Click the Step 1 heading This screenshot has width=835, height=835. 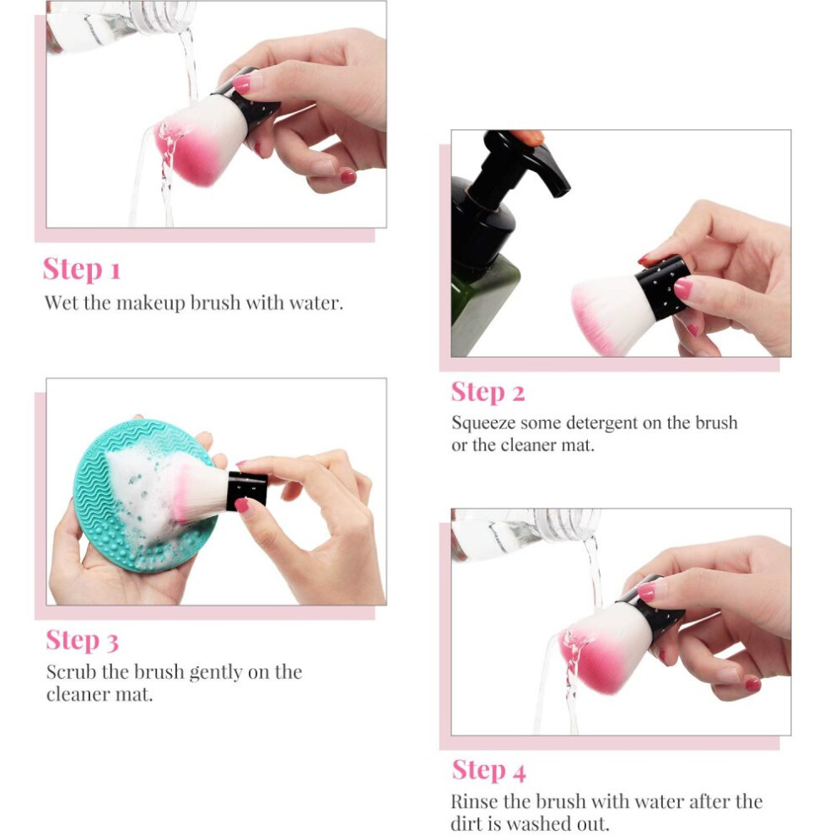click(82, 269)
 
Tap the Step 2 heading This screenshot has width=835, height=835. click(488, 393)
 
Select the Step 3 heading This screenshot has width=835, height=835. click(82, 641)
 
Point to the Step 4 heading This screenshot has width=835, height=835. click(489, 771)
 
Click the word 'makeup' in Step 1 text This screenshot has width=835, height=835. click(151, 304)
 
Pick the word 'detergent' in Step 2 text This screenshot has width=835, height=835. click(604, 423)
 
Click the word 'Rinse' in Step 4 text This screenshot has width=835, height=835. click(475, 801)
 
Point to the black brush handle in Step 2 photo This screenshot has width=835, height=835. click(664, 288)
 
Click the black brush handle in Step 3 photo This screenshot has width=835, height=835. click(246, 490)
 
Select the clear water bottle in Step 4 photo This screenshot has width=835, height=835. click(525, 532)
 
